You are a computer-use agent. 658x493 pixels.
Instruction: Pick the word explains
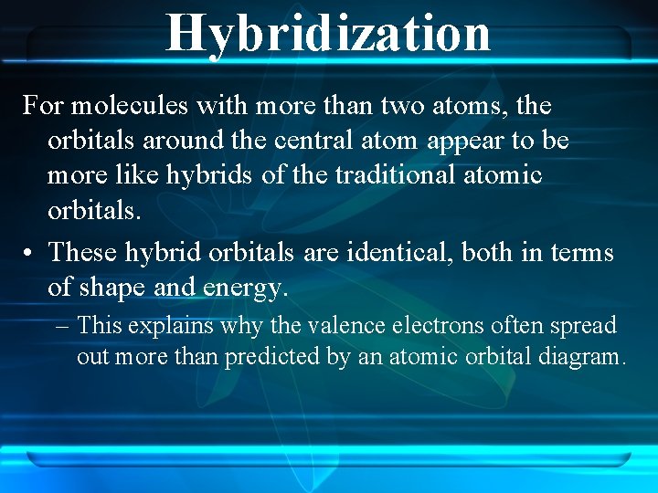tap(157, 326)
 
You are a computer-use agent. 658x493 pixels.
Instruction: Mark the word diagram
tap(586, 357)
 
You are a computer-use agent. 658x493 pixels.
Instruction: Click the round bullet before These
tap(29, 252)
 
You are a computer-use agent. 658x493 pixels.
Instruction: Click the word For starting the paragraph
tap(43, 106)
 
